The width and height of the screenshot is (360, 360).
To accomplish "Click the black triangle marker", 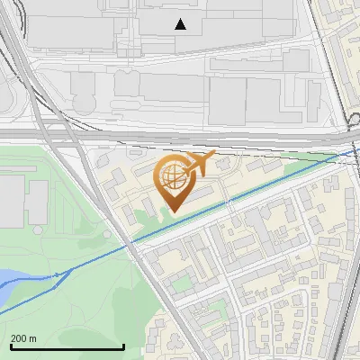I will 181,24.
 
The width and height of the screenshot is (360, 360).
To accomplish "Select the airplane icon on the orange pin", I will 199,165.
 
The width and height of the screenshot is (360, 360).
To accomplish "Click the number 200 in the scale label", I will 19,338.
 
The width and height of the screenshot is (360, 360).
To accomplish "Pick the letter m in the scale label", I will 33,338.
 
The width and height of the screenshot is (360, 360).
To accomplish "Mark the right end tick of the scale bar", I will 123,346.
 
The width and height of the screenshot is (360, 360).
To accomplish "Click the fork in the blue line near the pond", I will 58,272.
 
